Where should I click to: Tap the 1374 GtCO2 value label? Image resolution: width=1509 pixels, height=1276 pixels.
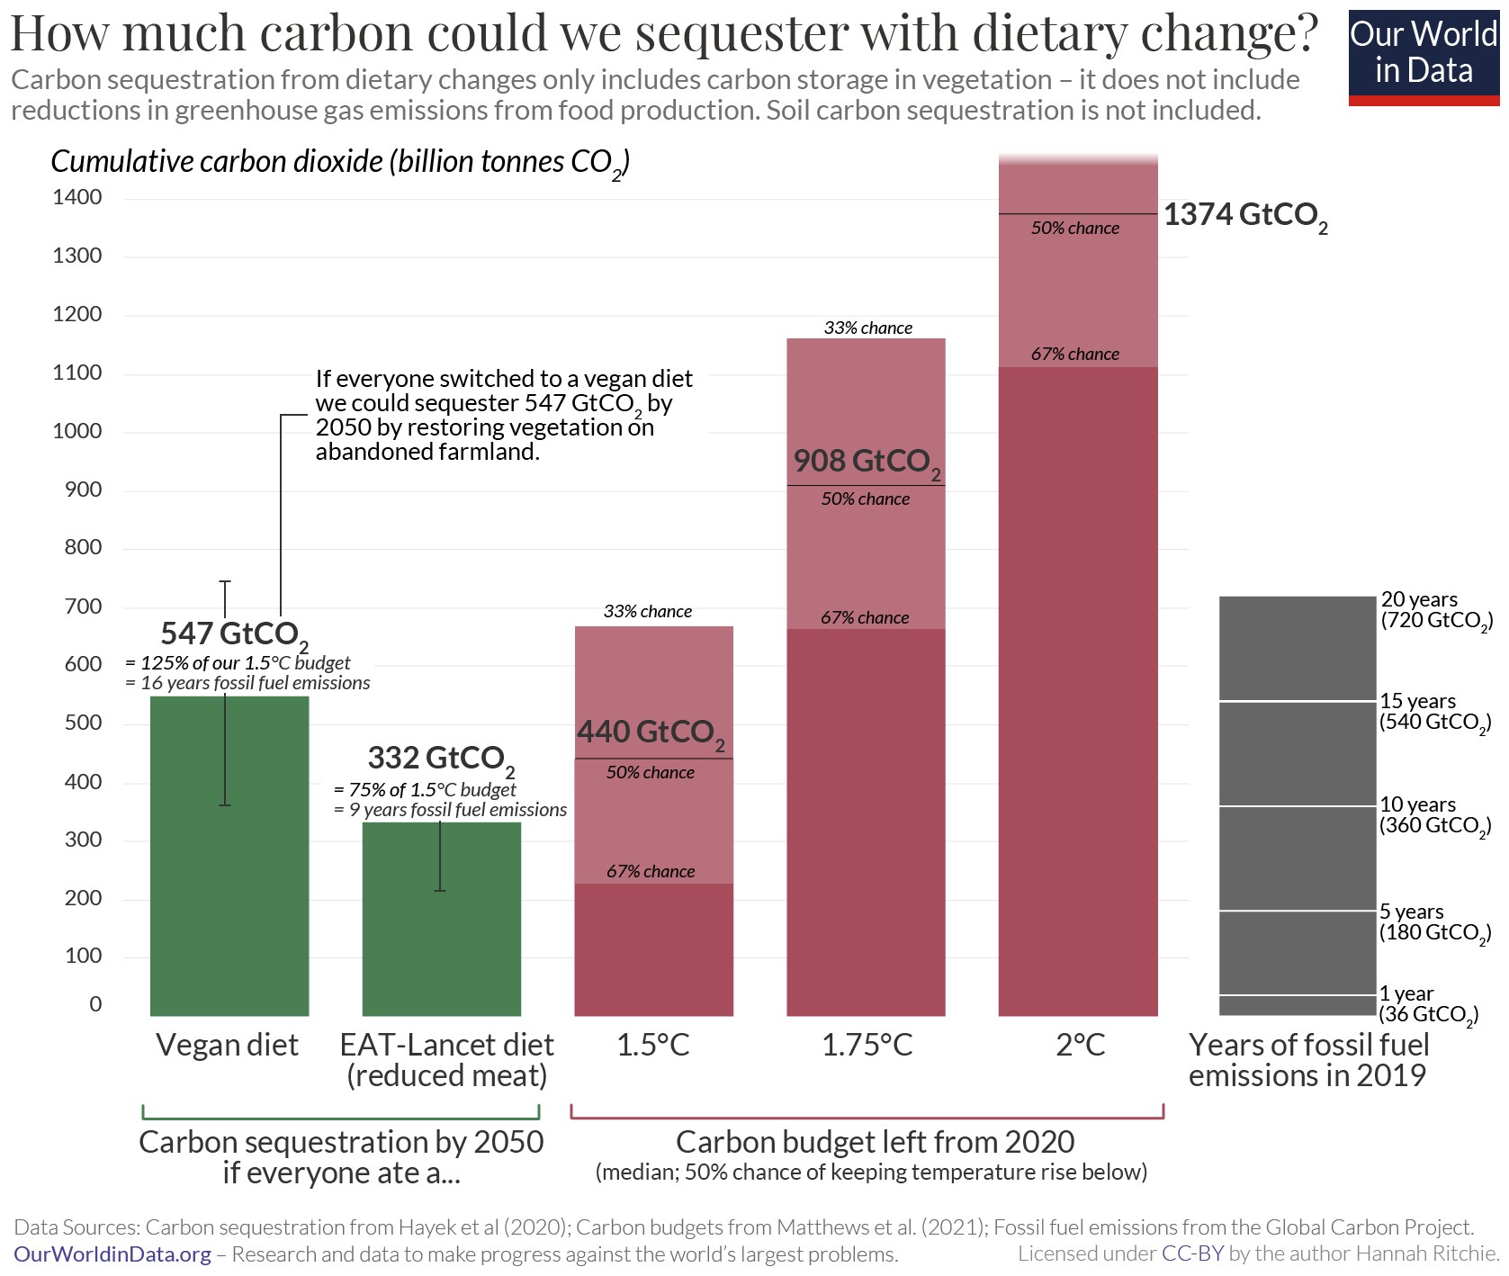click(x=1244, y=216)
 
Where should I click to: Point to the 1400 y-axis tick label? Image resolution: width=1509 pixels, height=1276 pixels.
click(x=77, y=197)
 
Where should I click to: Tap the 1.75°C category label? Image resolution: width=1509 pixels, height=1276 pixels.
click(x=867, y=1046)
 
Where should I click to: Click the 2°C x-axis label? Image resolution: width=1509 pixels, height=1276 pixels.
click(x=1080, y=1046)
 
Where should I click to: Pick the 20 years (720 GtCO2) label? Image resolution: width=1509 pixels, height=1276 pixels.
click(x=1435, y=610)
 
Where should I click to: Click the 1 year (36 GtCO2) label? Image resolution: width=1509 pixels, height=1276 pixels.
click(x=1428, y=1004)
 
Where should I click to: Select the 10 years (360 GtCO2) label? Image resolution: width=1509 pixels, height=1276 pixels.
click(x=1434, y=815)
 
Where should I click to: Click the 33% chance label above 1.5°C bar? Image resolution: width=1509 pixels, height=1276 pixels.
click(x=648, y=612)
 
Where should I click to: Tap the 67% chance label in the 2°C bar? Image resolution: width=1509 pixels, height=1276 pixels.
click(x=1075, y=355)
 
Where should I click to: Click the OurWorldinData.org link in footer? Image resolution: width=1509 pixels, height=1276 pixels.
click(x=112, y=1254)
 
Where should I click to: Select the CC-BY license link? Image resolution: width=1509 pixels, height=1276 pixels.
click(x=1192, y=1254)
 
